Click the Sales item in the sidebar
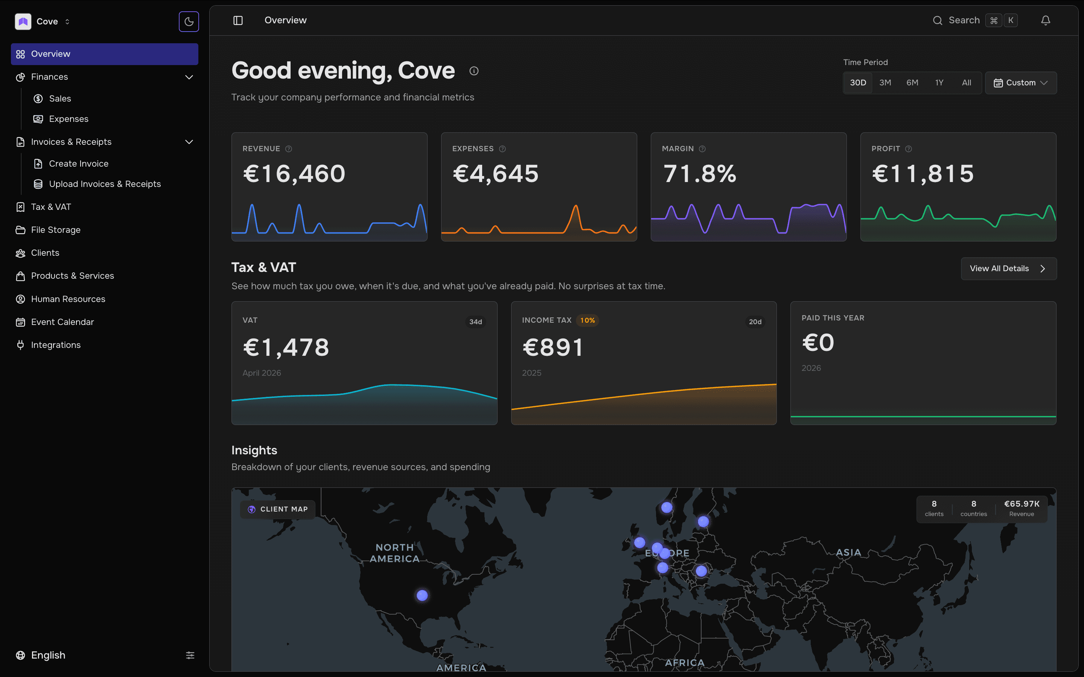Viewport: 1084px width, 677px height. coord(60,99)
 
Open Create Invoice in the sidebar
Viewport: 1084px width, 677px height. coord(78,164)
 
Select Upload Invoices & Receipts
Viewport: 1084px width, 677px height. coord(104,184)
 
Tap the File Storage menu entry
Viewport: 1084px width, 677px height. coord(56,230)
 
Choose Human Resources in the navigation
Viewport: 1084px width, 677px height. coord(68,299)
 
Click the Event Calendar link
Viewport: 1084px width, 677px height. coord(62,322)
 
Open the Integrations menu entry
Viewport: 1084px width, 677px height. coord(56,345)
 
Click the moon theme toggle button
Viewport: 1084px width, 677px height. coord(189,21)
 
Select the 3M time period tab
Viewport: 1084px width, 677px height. coord(885,83)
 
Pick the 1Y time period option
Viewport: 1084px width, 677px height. coord(939,83)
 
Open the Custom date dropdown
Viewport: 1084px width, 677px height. coord(1021,83)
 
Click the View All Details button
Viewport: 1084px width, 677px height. coord(1008,269)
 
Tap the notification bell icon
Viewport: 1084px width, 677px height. coord(1046,21)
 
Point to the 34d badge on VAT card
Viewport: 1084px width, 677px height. coord(475,322)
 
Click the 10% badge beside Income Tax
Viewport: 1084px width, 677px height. coord(587,320)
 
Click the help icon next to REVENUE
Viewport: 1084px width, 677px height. coord(288,149)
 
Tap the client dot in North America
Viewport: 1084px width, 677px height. coord(422,595)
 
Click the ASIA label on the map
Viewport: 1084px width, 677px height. coord(848,553)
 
